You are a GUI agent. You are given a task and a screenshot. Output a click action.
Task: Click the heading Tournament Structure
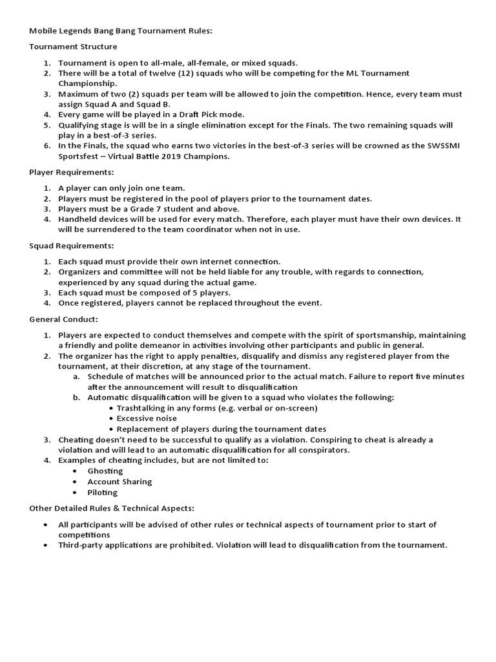pyautogui.click(x=73, y=47)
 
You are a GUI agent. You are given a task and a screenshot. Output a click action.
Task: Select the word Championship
pyautogui.click(x=87, y=83)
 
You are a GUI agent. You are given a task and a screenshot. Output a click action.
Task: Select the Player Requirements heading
pyautogui.click(x=72, y=173)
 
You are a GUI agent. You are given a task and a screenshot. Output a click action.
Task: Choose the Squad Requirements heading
pyautogui.click(x=71, y=246)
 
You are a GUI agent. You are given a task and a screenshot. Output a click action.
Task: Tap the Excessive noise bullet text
pyautogui.click(x=147, y=418)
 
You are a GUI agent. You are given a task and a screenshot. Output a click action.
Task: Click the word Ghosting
pyautogui.click(x=105, y=471)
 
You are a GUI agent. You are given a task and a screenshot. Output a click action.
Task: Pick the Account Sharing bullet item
pyautogui.click(x=119, y=482)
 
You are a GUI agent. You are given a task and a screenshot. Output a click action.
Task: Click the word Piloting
pyautogui.click(x=103, y=492)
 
